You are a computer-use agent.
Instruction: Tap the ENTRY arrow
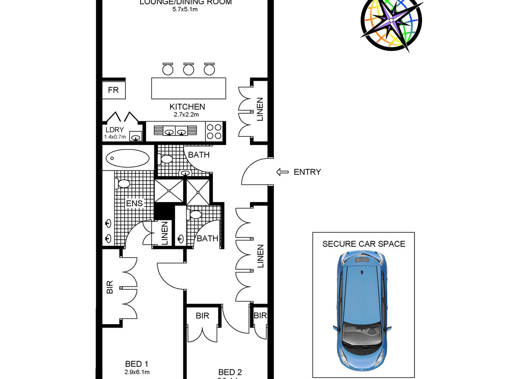coord(282,172)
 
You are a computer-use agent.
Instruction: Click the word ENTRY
coord(307,172)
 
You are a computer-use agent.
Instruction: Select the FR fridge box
coord(114,90)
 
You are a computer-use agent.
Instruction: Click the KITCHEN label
coord(187,107)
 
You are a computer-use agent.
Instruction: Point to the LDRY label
coord(115,130)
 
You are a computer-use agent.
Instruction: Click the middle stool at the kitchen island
coord(189,69)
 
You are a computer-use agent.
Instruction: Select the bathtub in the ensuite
coord(127,159)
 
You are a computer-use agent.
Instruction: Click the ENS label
coord(135,204)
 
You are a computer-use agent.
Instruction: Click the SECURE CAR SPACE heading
coord(364,244)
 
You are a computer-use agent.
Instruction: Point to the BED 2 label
coord(230,372)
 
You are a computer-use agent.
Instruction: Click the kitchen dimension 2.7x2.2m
coord(186,115)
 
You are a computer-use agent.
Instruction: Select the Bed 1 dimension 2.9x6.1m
coord(137,372)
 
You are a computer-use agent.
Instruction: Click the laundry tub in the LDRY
coord(136,136)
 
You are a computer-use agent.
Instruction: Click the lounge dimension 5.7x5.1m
coord(186,9)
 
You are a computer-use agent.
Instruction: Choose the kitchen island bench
coord(189,88)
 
